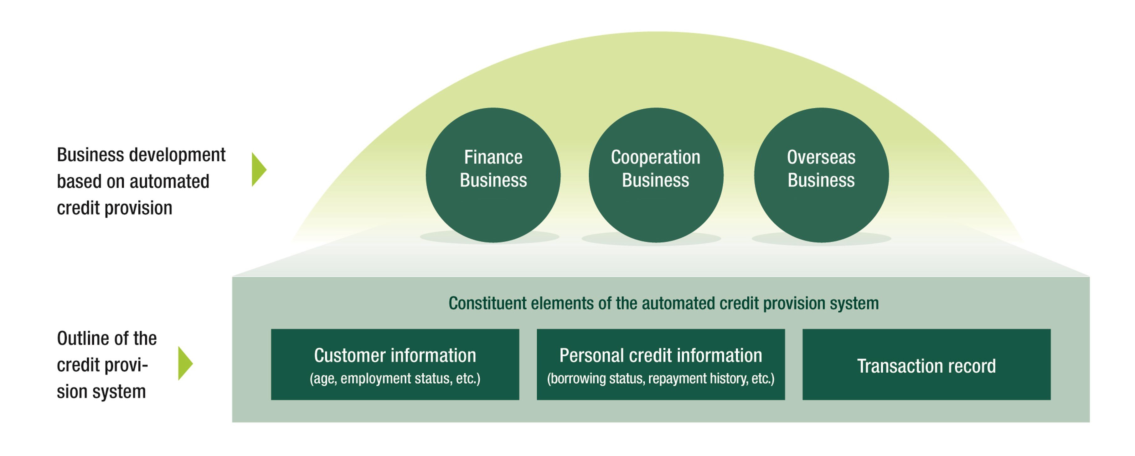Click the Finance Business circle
493,207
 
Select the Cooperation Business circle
656,207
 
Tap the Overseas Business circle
821,207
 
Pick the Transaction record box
926,383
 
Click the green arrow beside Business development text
259,170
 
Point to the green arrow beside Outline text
185,363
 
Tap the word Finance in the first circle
493,157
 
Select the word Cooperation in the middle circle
656,157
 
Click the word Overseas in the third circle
821,157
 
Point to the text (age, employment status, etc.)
395,378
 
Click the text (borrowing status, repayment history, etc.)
660,378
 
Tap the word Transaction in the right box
895,366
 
